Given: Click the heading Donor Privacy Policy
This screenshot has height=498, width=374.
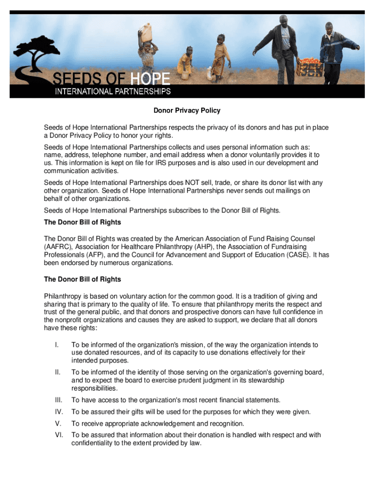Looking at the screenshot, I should [x=187, y=110].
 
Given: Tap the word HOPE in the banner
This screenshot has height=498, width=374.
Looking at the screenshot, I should [x=149, y=78].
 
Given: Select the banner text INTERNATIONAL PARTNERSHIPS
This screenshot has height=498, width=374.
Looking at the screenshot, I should [x=112, y=91].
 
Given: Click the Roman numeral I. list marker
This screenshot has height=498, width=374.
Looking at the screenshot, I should [x=57, y=345].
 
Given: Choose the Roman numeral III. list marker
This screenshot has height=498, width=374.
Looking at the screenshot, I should [x=58, y=400].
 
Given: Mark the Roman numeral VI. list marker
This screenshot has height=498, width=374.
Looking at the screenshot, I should [x=58, y=435].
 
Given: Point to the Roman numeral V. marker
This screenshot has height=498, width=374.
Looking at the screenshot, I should [x=58, y=424].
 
